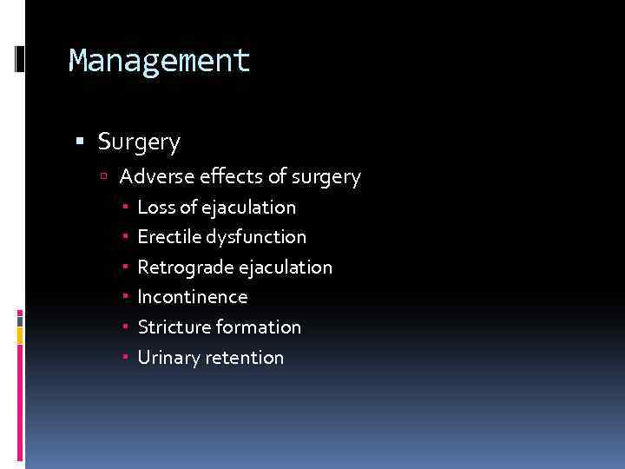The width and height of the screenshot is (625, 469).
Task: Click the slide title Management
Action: [x=159, y=61]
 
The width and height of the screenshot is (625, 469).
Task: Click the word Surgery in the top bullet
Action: [x=139, y=141]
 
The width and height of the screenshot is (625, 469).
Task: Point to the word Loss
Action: [x=155, y=208]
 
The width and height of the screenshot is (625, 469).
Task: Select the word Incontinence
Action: [x=192, y=297]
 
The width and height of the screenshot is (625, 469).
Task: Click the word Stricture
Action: [x=174, y=327]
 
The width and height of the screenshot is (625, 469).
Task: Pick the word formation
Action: [x=258, y=327]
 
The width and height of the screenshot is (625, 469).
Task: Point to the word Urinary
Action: [x=169, y=358]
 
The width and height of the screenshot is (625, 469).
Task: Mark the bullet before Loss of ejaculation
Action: [x=126, y=208]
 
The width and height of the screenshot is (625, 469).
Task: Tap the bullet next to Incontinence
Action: [x=126, y=297]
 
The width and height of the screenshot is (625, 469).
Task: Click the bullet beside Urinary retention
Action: [x=126, y=358]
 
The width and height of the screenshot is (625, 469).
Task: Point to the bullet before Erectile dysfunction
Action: [x=126, y=237]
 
